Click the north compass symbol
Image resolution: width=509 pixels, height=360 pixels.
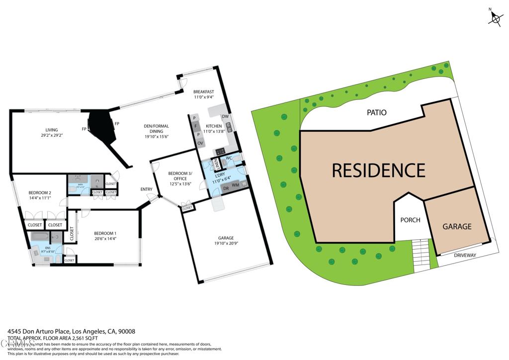click(x=495, y=18)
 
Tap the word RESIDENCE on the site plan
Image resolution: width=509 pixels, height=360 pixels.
click(x=378, y=171)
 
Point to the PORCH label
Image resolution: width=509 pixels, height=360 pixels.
click(x=410, y=220)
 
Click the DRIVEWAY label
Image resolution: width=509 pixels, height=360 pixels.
click(x=465, y=256)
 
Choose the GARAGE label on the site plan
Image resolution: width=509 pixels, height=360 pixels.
click(x=457, y=226)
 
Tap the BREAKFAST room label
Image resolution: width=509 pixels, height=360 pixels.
click(x=204, y=91)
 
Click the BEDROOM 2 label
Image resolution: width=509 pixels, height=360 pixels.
click(x=40, y=192)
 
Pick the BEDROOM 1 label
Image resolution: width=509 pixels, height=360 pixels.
click(x=105, y=233)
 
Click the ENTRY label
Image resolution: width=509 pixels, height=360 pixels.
click(x=146, y=189)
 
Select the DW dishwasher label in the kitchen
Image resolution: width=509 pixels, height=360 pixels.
click(x=225, y=116)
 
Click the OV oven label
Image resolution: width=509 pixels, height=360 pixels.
click(x=200, y=143)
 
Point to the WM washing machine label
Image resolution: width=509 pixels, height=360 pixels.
click(x=235, y=185)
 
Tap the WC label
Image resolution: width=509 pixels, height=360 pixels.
click(x=229, y=158)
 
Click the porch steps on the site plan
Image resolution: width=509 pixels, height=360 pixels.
click(x=421, y=255)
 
